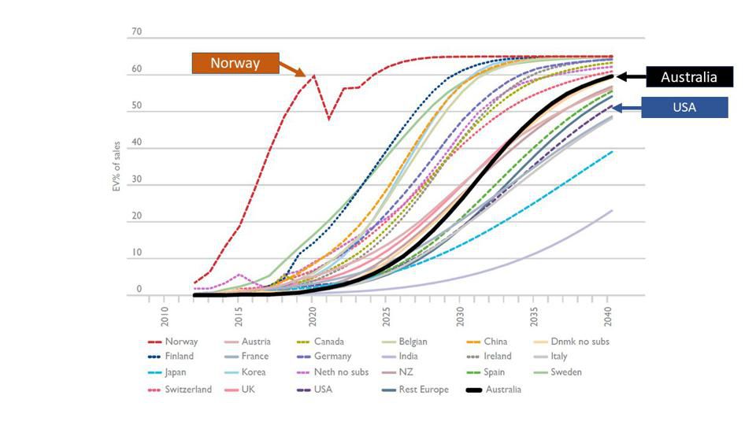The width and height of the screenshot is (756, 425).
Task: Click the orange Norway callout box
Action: (235, 63)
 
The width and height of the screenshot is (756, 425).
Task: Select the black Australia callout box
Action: (689, 77)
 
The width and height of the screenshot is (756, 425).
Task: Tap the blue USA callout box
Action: (684, 107)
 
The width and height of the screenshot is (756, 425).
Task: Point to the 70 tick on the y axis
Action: (136, 33)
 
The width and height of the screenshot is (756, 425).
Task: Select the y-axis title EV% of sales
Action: (117, 166)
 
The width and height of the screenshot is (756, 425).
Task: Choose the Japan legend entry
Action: (176, 372)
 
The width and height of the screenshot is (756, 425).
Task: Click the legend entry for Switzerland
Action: (188, 390)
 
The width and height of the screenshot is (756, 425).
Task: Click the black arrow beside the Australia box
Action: (630, 77)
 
